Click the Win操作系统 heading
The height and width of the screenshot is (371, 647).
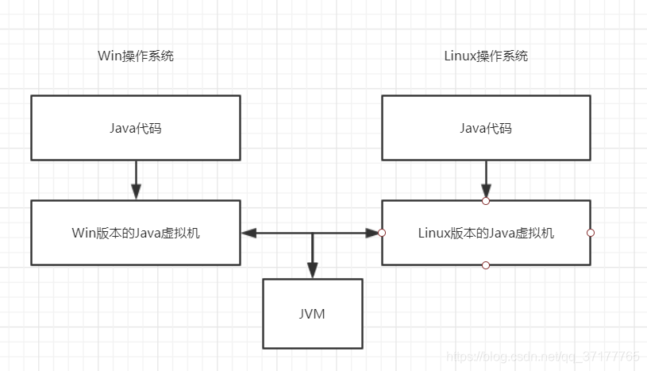pos(136,56)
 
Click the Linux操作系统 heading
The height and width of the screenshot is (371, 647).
pos(486,56)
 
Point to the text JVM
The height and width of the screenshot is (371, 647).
pos(312,314)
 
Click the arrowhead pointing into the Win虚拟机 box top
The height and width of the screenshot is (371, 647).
pos(137,192)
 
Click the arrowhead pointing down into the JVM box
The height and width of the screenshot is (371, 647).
pos(313,271)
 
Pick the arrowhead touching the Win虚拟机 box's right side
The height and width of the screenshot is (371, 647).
pos(248,233)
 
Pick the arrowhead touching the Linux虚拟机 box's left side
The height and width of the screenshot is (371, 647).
pos(372,233)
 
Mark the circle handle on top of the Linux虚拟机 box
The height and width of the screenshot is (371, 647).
pos(486,201)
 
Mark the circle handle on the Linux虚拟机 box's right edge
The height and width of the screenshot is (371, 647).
pos(591,233)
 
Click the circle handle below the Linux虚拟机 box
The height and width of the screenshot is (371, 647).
pos(486,265)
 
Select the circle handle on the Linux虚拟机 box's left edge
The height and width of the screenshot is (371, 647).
pos(382,233)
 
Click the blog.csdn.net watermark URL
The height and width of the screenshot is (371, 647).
pos(542,356)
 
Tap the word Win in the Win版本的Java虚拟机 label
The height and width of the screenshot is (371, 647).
pos(84,233)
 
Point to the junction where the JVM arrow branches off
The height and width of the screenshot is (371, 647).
pos(313,233)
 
